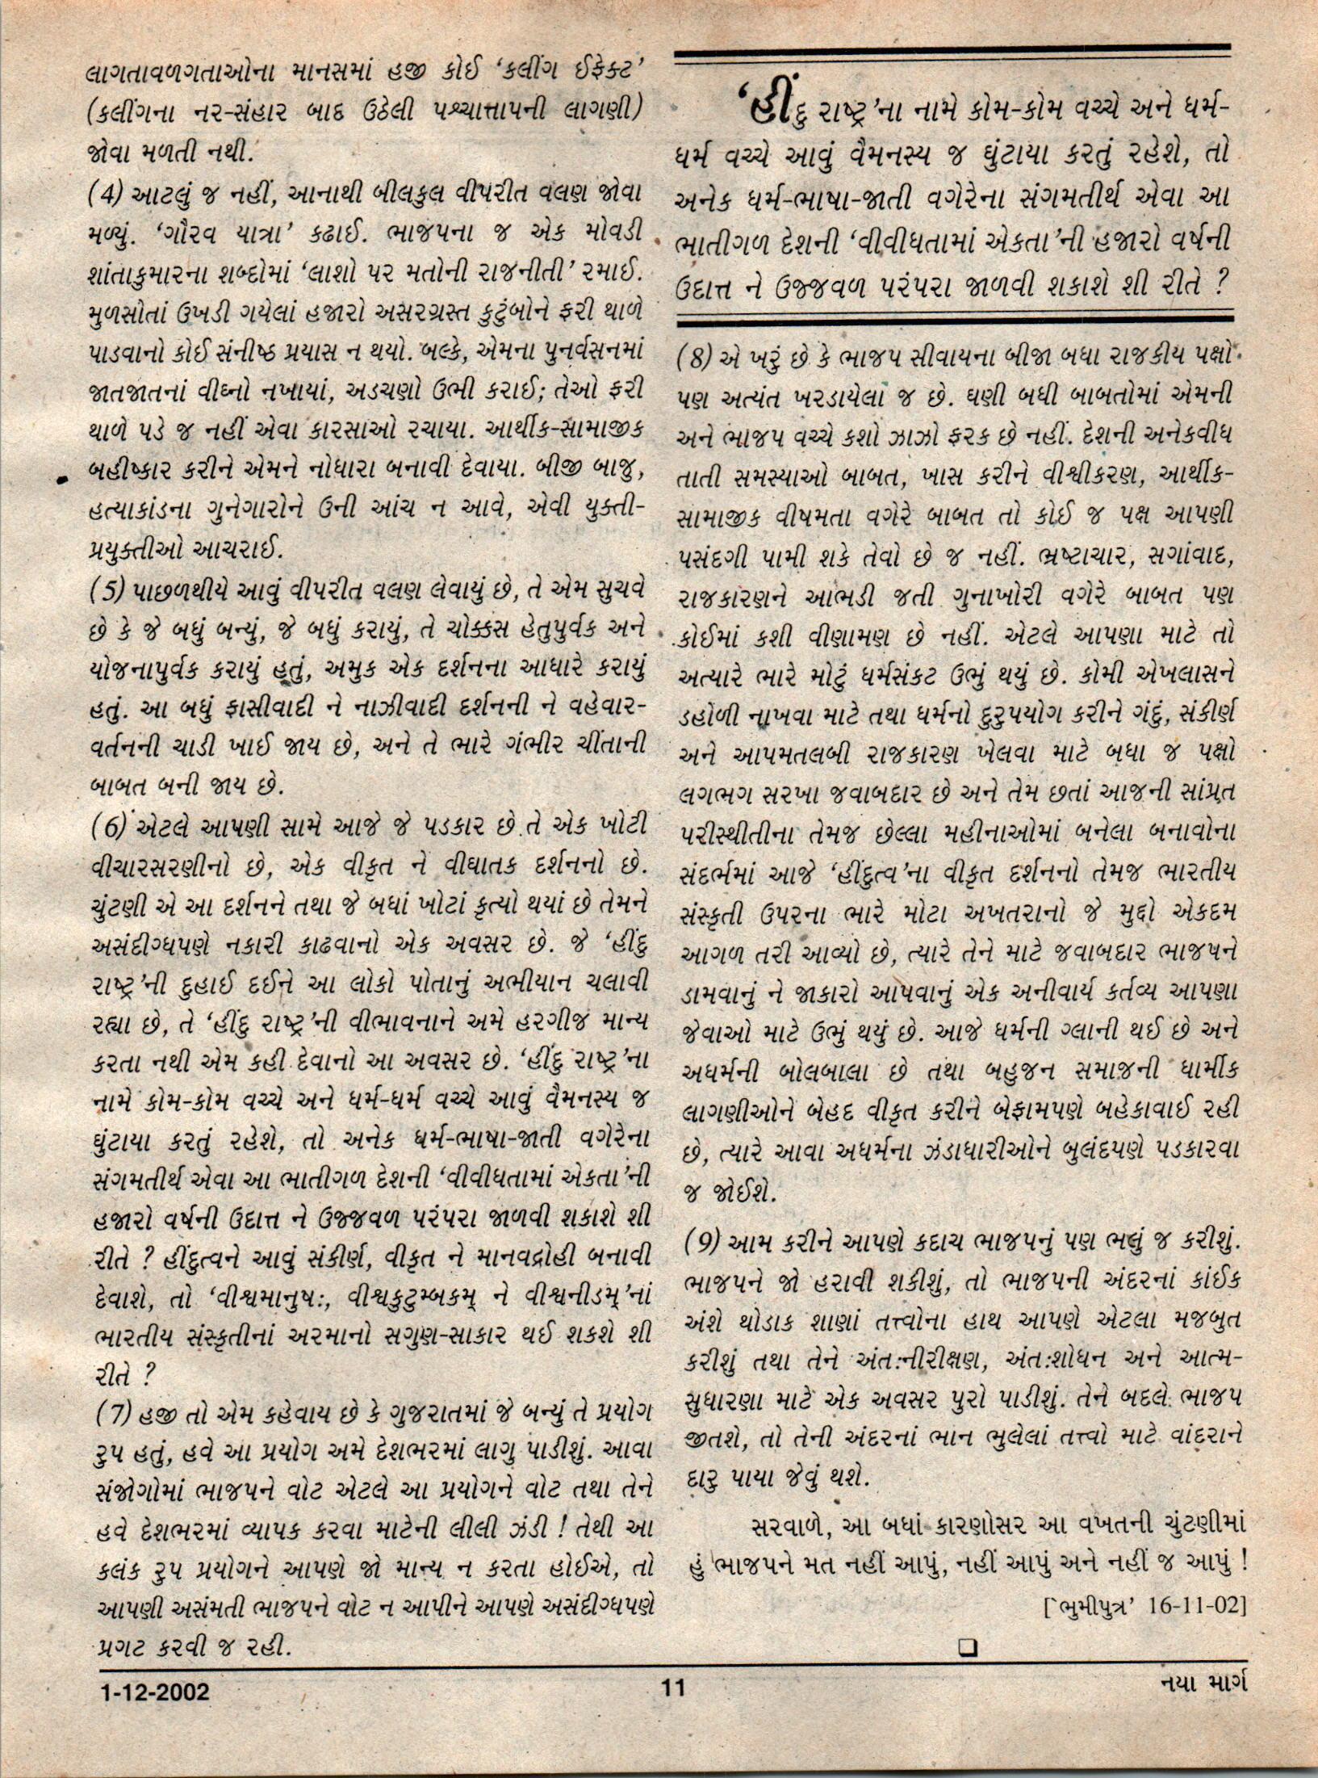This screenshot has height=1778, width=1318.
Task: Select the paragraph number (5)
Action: click(109, 593)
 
